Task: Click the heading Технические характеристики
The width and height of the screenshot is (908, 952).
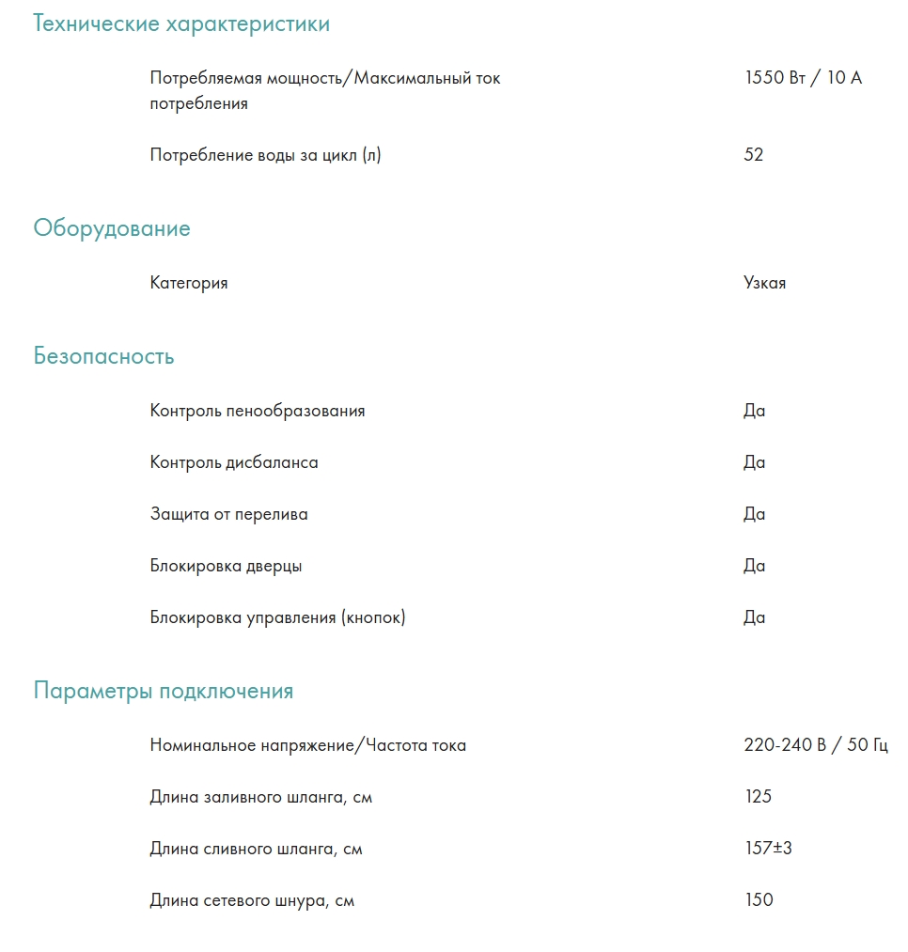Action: point(181,24)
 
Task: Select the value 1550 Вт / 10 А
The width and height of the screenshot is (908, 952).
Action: point(803,78)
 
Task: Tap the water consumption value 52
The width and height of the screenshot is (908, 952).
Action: point(754,155)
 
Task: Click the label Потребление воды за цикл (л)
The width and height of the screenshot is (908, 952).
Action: point(266,155)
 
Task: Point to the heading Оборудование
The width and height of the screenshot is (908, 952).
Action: point(112,228)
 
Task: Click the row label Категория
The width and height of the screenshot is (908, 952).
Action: point(189,283)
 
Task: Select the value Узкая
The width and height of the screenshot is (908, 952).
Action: point(765,283)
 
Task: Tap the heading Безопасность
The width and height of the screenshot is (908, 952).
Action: point(103,357)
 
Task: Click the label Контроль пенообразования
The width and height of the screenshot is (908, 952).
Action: point(258,411)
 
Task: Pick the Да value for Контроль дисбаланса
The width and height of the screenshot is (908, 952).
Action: point(755,462)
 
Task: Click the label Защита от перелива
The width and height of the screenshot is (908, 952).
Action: point(229,514)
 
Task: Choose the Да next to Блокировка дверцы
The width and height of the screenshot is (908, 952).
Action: point(755,566)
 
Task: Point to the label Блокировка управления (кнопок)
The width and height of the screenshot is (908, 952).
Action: point(278,617)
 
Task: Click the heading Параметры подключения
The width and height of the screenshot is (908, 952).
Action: point(164,692)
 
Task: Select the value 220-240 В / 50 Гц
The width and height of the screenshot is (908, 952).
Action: point(816,745)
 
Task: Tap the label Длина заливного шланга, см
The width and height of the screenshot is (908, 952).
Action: point(261,797)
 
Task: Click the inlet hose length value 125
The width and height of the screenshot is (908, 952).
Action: point(758,797)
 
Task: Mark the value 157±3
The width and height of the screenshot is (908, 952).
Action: point(769,849)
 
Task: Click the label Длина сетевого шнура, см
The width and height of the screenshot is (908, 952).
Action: point(252,900)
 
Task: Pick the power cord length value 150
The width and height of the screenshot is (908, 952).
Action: point(759,900)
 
